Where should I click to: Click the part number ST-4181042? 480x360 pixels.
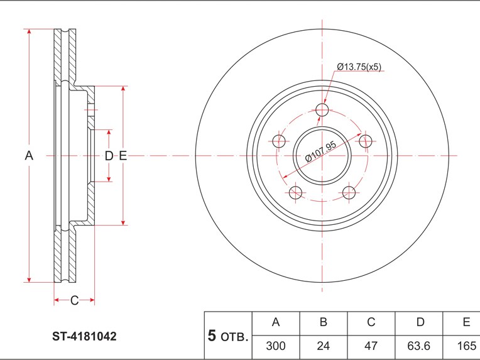coord(84,337)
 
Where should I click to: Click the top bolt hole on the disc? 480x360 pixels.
coord(322,111)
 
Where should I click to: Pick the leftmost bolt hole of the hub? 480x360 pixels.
coord(280,141)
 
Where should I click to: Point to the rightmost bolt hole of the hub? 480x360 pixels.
coord(365,141)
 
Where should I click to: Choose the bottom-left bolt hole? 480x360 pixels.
coord(296,192)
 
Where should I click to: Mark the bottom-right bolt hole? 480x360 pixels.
coord(349,192)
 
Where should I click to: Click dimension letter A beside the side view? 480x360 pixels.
coord(28,156)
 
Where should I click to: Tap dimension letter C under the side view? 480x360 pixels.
coord(74,301)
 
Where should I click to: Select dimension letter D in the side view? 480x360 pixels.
coord(109,156)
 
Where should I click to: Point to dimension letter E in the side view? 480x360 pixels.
coord(123,156)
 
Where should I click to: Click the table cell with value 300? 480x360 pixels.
coord(275,346)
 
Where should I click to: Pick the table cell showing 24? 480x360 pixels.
coord(324,346)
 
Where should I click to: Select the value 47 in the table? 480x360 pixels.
coord(371,346)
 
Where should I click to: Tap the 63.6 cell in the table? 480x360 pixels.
coord(420,346)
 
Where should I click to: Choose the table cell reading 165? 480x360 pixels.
coord(465,346)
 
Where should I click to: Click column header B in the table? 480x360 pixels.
coord(324,322)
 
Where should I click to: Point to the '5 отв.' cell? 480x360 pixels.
coord(228,335)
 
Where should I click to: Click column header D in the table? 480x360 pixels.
coord(420,322)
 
